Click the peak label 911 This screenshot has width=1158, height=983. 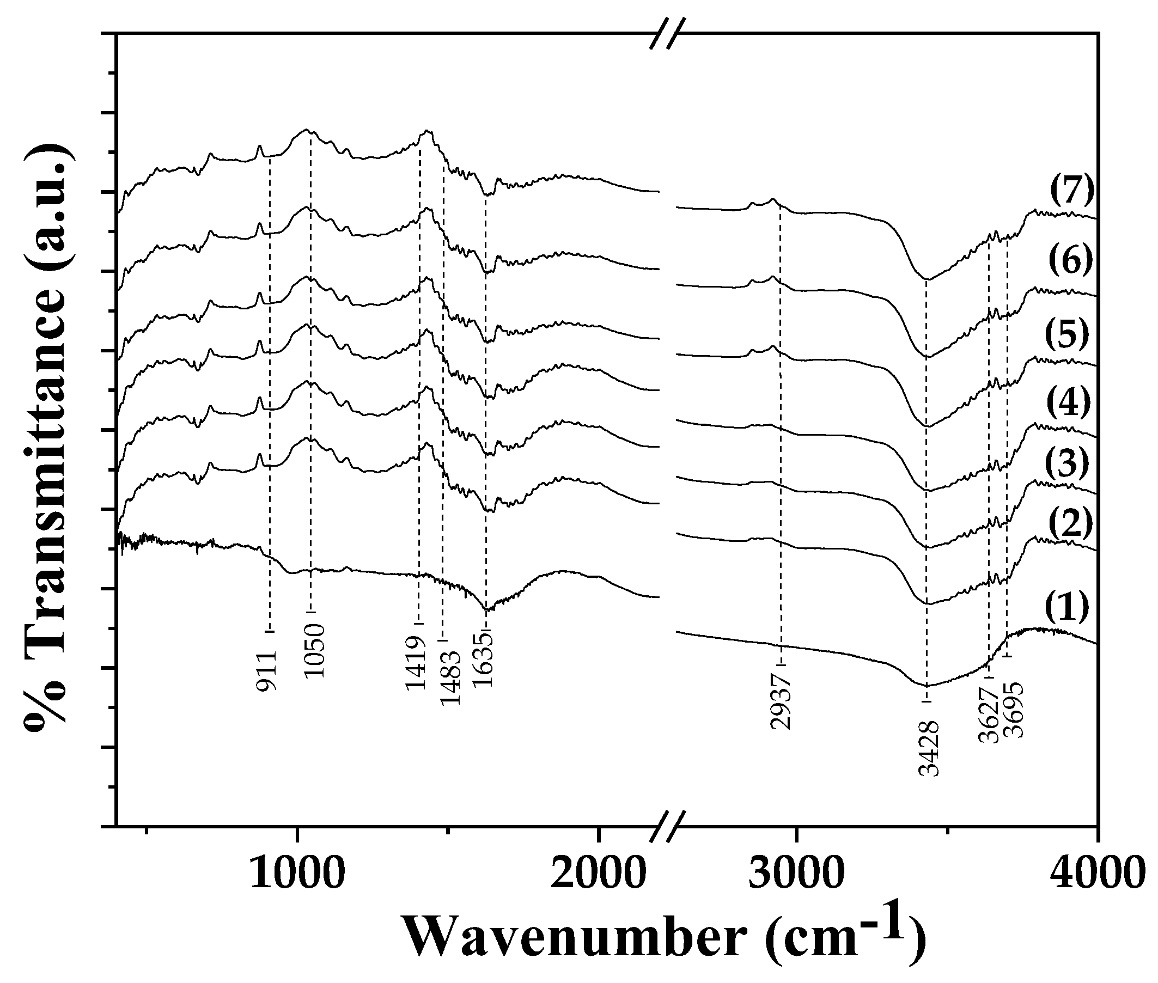(267, 670)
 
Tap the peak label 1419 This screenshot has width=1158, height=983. (416, 663)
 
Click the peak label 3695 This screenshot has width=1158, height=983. (1013, 711)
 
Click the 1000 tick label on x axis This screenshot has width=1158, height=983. (297, 874)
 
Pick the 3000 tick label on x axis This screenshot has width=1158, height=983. (796, 874)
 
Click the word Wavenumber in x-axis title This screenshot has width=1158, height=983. (574, 938)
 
